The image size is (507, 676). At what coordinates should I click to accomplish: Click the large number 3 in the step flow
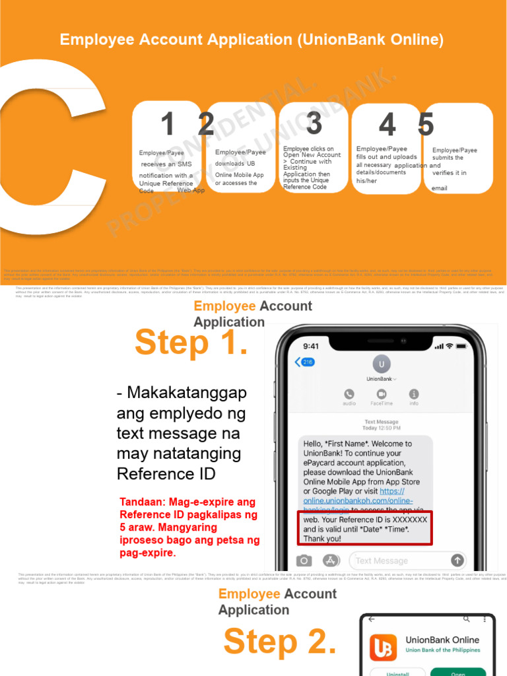[x=314, y=123]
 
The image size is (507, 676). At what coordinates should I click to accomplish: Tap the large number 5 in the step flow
[x=426, y=125]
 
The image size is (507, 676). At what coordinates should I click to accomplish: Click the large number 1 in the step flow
[x=168, y=125]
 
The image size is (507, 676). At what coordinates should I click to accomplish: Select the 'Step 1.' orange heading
[x=191, y=343]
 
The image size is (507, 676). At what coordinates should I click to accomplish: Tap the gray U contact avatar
[x=380, y=364]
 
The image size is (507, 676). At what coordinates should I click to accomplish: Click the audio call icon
[x=349, y=394]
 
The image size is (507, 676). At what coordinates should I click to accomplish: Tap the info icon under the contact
[x=414, y=394]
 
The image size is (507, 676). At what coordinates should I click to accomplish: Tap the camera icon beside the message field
[x=304, y=560]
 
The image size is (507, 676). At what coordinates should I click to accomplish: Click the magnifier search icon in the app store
[x=467, y=619]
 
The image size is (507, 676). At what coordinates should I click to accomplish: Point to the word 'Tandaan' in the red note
[x=141, y=502]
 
